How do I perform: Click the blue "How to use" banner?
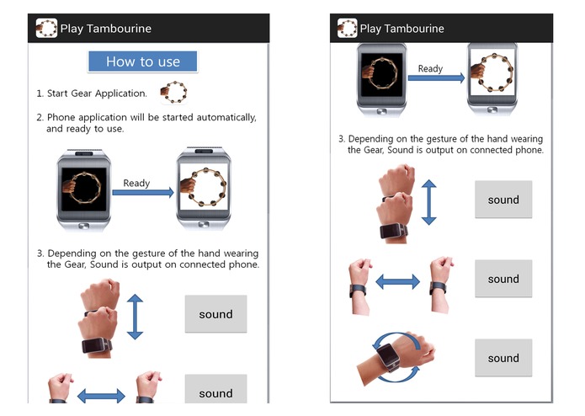[142, 61]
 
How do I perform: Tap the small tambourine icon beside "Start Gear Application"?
[175, 92]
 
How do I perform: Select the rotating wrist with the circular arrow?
[394, 358]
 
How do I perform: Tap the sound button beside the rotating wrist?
[503, 358]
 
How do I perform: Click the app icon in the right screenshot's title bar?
[346, 29]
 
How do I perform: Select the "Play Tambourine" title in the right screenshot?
[402, 29]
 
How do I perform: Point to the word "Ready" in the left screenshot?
[136, 183]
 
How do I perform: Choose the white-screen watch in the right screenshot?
[492, 78]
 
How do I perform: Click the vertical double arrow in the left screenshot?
[135, 316]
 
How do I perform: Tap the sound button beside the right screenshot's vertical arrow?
[503, 200]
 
